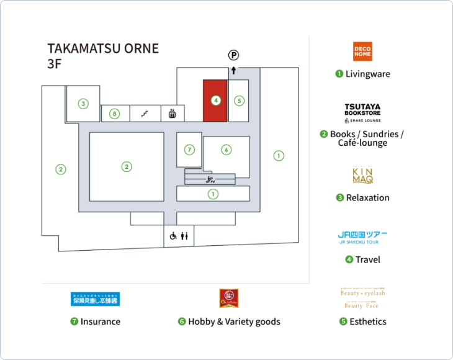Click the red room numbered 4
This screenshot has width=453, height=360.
click(215, 100)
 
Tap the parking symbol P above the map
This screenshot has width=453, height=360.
click(233, 55)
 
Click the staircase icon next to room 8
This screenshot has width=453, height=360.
click(144, 114)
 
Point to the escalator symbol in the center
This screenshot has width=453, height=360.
click(210, 179)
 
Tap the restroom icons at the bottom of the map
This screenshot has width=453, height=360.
click(180, 236)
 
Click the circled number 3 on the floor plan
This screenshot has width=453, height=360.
click(83, 104)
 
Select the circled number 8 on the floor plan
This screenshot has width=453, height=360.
click(114, 114)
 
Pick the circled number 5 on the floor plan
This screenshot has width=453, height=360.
click(239, 100)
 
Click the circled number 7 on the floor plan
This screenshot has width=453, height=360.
click(190, 150)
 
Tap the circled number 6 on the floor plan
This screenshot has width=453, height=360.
click(226, 150)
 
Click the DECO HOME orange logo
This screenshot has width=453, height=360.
click(362, 52)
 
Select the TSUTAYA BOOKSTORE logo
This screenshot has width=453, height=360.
click(362, 112)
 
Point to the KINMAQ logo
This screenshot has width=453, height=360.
click(362, 176)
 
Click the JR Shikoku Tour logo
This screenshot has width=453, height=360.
click(362, 237)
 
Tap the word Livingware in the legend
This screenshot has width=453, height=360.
click(367, 74)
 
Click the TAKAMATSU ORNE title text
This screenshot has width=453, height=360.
click(103, 48)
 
